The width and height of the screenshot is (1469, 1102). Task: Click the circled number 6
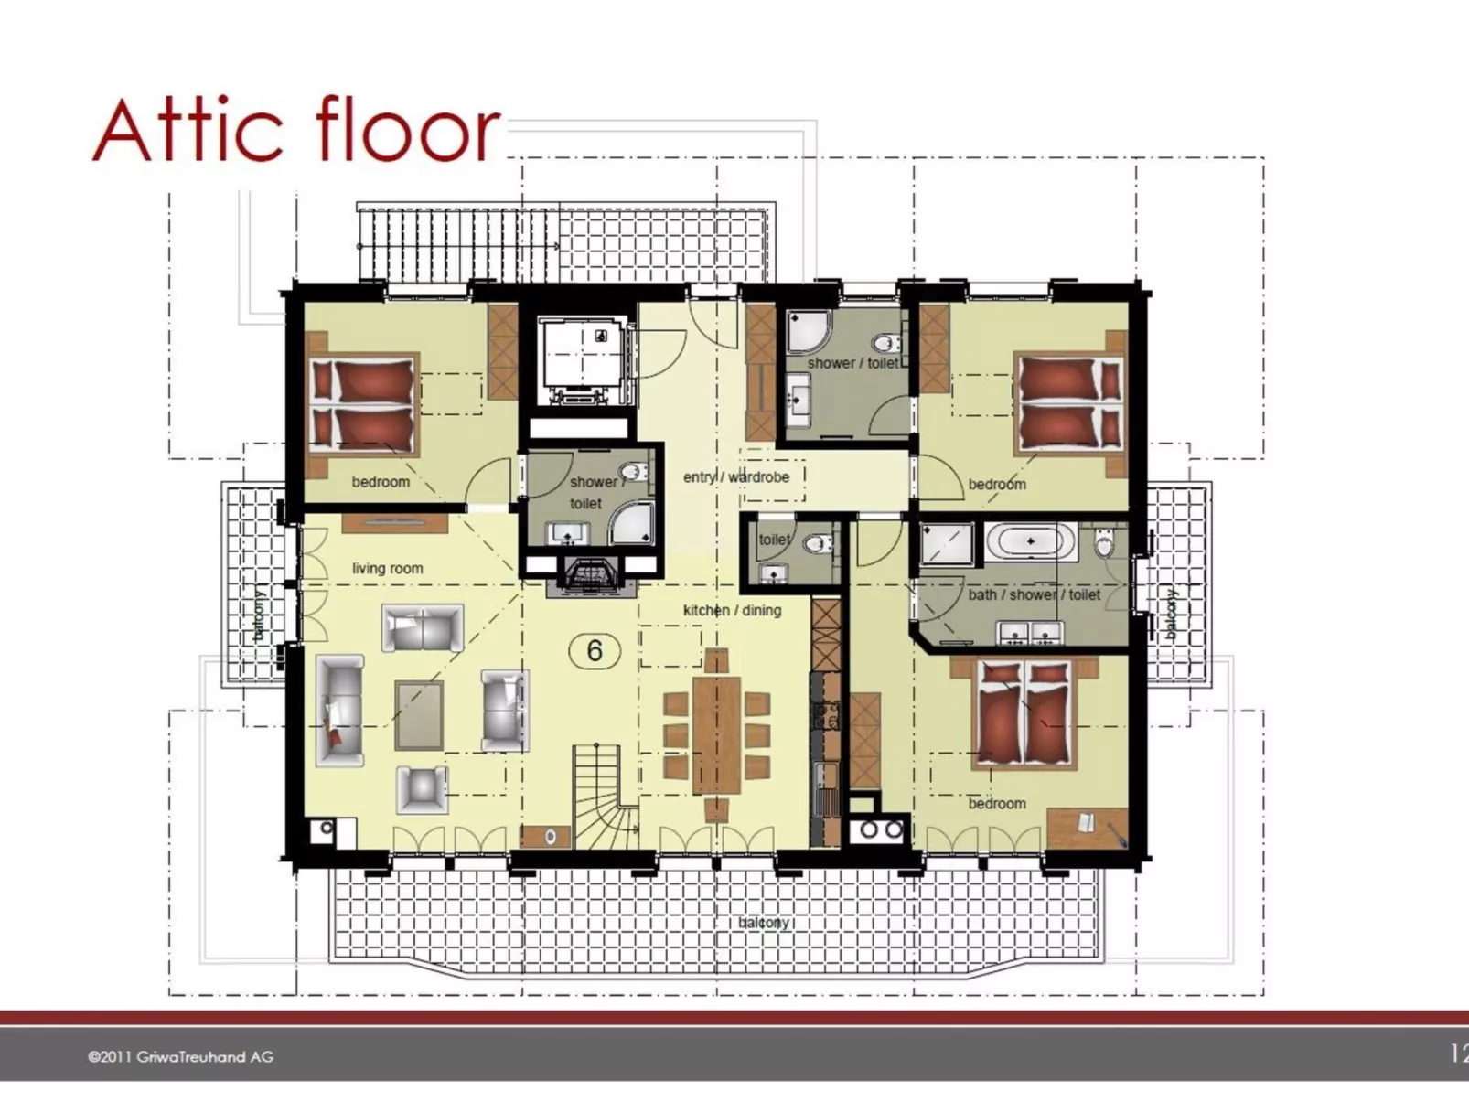(x=595, y=650)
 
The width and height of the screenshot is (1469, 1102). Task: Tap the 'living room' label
(x=387, y=568)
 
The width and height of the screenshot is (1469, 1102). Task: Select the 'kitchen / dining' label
(x=732, y=610)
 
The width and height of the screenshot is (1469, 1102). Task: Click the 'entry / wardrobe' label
(x=735, y=476)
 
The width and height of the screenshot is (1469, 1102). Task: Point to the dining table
(x=716, y=734)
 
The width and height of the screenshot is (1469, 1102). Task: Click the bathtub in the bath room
(x=1031, y=540)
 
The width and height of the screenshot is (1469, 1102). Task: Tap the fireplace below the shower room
(x=591, y=577)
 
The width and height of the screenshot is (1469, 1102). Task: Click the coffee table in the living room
(x=419, y=714)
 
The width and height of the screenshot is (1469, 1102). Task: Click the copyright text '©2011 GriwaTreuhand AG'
(x=180, y=1056)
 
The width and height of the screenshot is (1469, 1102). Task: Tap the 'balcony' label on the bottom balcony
(x=763, y=922)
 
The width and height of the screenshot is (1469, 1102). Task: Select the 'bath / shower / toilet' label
(x=1034, y=594)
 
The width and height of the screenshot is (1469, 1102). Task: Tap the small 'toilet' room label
(x=774, y=540)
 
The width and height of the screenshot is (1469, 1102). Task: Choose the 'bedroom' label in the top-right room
(x=997, y=484)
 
